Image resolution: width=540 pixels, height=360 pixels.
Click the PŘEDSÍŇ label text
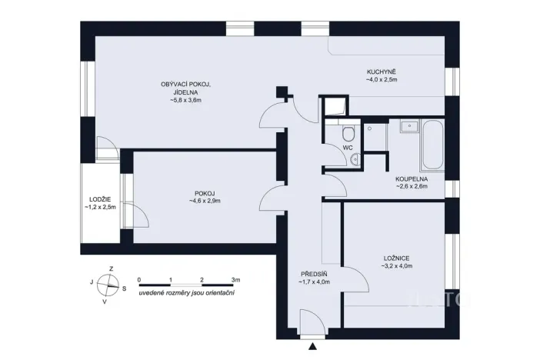[x=313, y=274]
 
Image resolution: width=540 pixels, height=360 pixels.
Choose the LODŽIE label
[x=100, y=198]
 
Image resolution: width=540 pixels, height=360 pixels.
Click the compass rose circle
[x=111, y=285]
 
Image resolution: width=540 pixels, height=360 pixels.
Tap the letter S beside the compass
[x=126, y=288]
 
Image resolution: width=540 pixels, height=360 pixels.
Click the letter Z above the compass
[x=112, y=268]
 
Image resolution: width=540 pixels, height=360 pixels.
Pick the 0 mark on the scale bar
[x=139, y=280]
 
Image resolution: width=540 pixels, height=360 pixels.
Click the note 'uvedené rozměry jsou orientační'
[x=187, y=294]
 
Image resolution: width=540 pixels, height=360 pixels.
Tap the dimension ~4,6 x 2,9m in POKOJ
[x=205, y=202]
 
